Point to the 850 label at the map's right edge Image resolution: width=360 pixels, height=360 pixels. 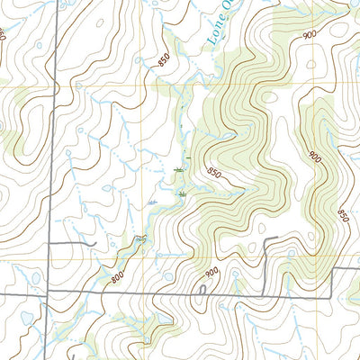(343, 216)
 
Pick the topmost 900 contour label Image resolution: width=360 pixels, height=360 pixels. (310, 34)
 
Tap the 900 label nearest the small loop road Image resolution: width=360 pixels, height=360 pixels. (211, 273)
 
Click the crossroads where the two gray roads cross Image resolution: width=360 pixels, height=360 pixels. (49, 294)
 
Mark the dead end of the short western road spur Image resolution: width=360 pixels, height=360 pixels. (95, 243)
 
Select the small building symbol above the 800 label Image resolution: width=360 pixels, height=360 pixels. (139, 238)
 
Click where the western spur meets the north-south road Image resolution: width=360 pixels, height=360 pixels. (49, 243)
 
